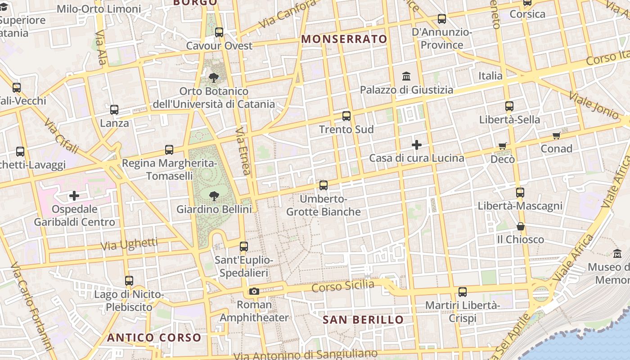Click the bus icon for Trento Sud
[346, 116]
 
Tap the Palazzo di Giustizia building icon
[406, 76]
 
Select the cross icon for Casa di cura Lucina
[417, 145]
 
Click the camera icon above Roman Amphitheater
[254, 291]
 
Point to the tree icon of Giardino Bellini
[214, 196]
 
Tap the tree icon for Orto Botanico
[213, 78]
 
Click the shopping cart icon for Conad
[557, 135]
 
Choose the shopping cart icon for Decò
[503, 146]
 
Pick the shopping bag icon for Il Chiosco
[521, 226]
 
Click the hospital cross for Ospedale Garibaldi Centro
[74, 196]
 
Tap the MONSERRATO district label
[344, 39]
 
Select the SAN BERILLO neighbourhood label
[363, 320]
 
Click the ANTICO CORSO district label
[154, 337]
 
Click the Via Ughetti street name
[129, 245]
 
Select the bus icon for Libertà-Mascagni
[520, 193]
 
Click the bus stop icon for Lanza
[114, 110]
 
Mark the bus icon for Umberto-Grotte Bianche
[324, 185]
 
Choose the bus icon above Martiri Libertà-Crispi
[463, 292]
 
